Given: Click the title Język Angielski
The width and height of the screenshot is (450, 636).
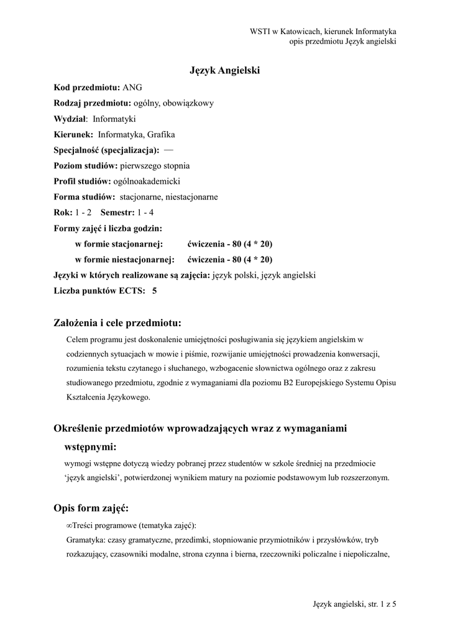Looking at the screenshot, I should [224, 71].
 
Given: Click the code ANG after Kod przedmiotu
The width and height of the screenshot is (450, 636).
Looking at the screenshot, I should [132, 88].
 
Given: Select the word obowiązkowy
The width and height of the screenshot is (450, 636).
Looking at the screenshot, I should [189, 103].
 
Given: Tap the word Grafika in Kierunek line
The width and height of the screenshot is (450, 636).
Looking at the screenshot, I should [162, 134].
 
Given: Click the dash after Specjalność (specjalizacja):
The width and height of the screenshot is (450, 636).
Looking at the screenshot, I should [169, 150].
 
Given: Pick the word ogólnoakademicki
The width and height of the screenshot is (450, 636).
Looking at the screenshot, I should [146, 181].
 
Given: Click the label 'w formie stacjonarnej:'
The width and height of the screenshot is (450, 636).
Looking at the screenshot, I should [119, 243].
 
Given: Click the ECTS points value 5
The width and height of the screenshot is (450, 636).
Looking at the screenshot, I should [154, 290].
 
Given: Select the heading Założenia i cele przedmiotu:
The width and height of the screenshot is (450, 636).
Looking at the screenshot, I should [118, 323].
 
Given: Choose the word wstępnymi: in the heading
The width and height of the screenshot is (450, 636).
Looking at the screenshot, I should [91, 447].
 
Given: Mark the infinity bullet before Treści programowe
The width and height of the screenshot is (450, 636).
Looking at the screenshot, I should [68, 525].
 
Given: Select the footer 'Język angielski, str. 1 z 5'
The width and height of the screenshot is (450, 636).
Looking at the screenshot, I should [354, 604].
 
